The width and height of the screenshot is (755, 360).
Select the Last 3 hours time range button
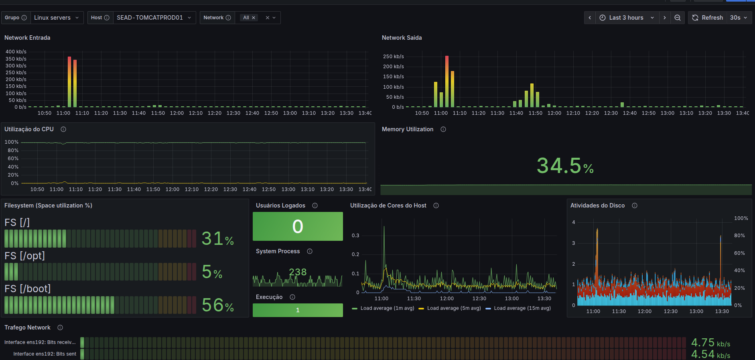pos(627,18)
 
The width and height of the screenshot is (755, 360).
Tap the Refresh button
pos(708,18)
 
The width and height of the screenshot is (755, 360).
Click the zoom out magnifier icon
pos(678,18)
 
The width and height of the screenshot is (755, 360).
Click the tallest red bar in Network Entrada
pos(69,82)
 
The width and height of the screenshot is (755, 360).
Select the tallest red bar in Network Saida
pos(447,81)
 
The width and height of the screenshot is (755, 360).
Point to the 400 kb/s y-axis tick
pos(16,52)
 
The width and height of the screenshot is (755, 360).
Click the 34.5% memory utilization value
pos(565,166)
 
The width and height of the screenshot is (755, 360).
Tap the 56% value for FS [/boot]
pos(218,305)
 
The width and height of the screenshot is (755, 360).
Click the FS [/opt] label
pos(25,256)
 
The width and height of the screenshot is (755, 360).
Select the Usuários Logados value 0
pos(298,226)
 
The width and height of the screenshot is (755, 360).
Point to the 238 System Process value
pos(298,272)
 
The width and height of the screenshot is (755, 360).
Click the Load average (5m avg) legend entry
pos(450,308)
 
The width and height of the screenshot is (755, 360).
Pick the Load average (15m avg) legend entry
pos(518,308)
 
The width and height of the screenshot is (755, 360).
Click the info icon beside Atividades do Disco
pos(635,205)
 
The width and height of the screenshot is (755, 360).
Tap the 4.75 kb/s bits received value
pos(710,343)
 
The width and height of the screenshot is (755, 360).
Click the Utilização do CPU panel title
pos(29,129)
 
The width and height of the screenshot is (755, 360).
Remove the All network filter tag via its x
pos(254,18)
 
